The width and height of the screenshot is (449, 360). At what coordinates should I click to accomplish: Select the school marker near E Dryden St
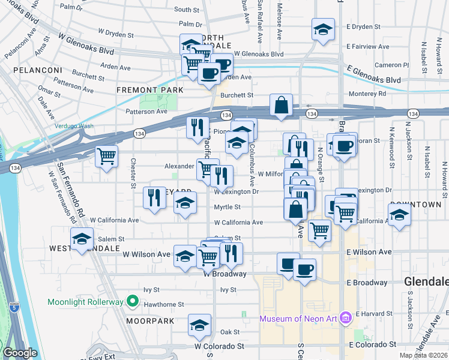click(323, 30)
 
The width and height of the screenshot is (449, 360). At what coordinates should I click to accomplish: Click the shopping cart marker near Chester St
click(106, 157)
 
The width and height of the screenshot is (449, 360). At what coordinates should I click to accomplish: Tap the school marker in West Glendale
click(82, 239)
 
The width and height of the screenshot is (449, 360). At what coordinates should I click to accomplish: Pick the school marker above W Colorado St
click(199, 326)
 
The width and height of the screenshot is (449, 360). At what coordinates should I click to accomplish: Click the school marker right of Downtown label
click(399, 215)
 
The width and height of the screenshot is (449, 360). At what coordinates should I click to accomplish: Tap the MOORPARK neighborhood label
click(150, 321)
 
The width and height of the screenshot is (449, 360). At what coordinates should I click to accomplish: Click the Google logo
click(20, 353)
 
